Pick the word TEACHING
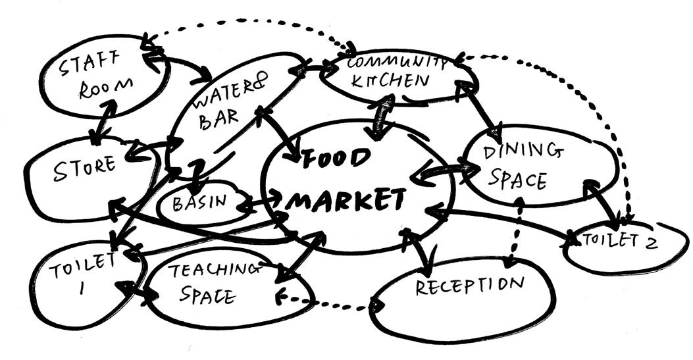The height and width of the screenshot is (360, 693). tap(210, 270)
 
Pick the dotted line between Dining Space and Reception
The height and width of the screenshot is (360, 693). tap(515, 230)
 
